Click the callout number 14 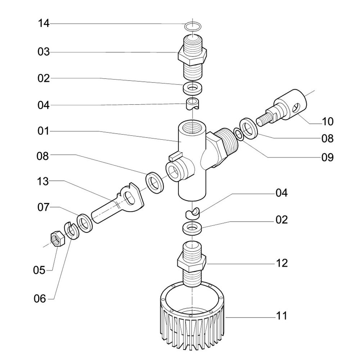44,24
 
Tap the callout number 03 44,52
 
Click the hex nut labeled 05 57,238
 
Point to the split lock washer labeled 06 71,230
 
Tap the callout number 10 327,122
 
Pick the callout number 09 327,157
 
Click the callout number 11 282,316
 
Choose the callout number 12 282,263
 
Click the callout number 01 44,131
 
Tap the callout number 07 44,208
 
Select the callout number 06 40,298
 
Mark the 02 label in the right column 282,220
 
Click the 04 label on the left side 44,105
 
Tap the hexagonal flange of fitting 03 193,56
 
